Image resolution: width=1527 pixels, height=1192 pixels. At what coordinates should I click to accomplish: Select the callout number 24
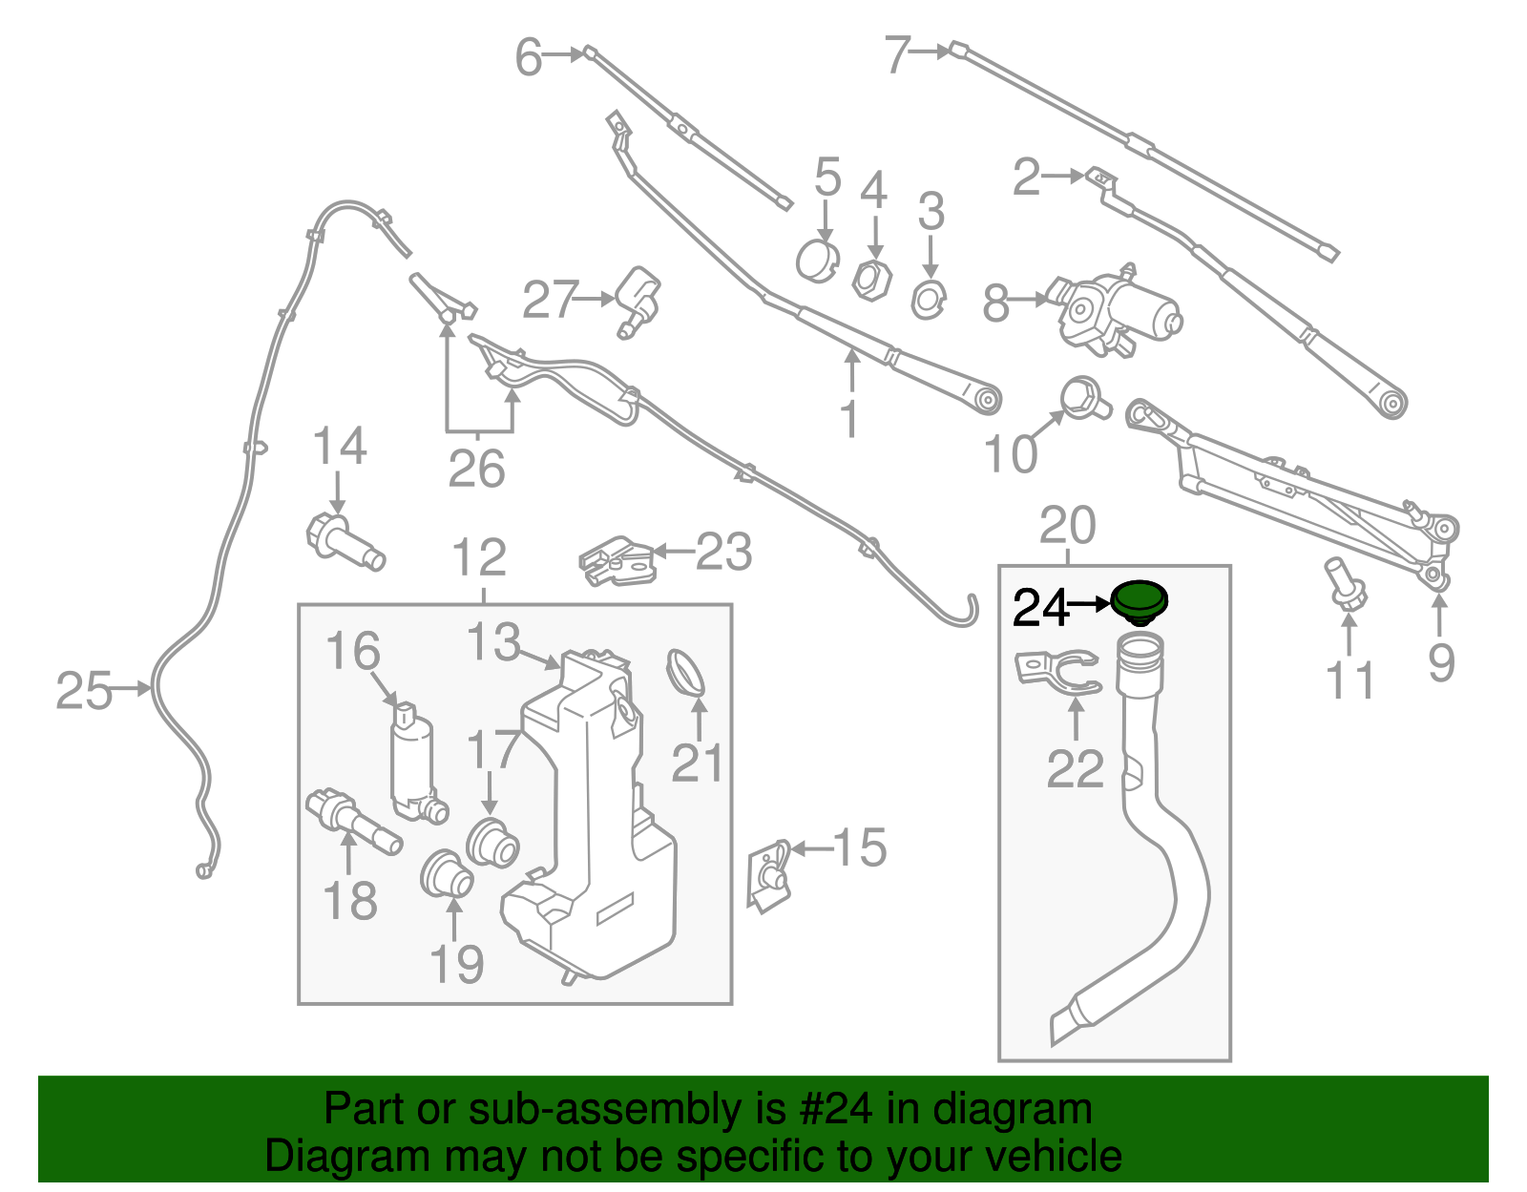tap(1040, 607)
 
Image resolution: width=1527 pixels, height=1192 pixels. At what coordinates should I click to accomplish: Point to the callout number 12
tap(479, 557)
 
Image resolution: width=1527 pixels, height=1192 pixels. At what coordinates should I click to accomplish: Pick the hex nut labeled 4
tap(871, 279)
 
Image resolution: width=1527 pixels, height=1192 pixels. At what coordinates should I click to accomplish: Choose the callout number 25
tap(83, 690)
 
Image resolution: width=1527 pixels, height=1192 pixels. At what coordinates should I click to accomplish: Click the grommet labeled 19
tap(447, 874)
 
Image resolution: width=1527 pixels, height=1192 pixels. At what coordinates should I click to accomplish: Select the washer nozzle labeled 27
tap(638, 299)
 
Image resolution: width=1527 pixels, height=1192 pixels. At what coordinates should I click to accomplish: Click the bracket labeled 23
tap(617, 561)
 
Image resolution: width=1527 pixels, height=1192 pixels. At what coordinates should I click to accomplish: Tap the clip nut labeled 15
tap(769, 874)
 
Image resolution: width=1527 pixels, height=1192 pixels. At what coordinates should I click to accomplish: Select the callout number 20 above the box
tap(1067, 525)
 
